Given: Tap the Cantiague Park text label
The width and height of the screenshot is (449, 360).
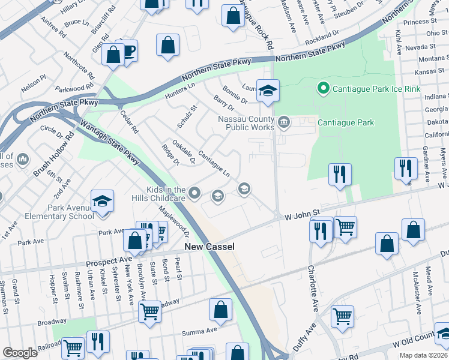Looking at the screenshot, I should tap(346, 123).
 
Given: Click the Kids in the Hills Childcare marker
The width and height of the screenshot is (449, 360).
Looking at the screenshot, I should tap(194, 193).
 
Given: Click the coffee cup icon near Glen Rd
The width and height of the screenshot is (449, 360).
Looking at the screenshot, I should tap(127, 50).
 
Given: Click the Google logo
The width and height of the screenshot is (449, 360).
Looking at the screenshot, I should tap(20, 353).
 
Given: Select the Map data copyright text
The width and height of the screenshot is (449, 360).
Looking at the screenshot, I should tap(423, 355).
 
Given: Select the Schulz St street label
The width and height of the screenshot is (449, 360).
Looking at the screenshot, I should tap(187, 117).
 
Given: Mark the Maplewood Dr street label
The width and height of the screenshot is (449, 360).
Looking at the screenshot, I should tap(182, 225).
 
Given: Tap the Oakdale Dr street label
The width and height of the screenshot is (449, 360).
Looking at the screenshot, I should tap(184, 152).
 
